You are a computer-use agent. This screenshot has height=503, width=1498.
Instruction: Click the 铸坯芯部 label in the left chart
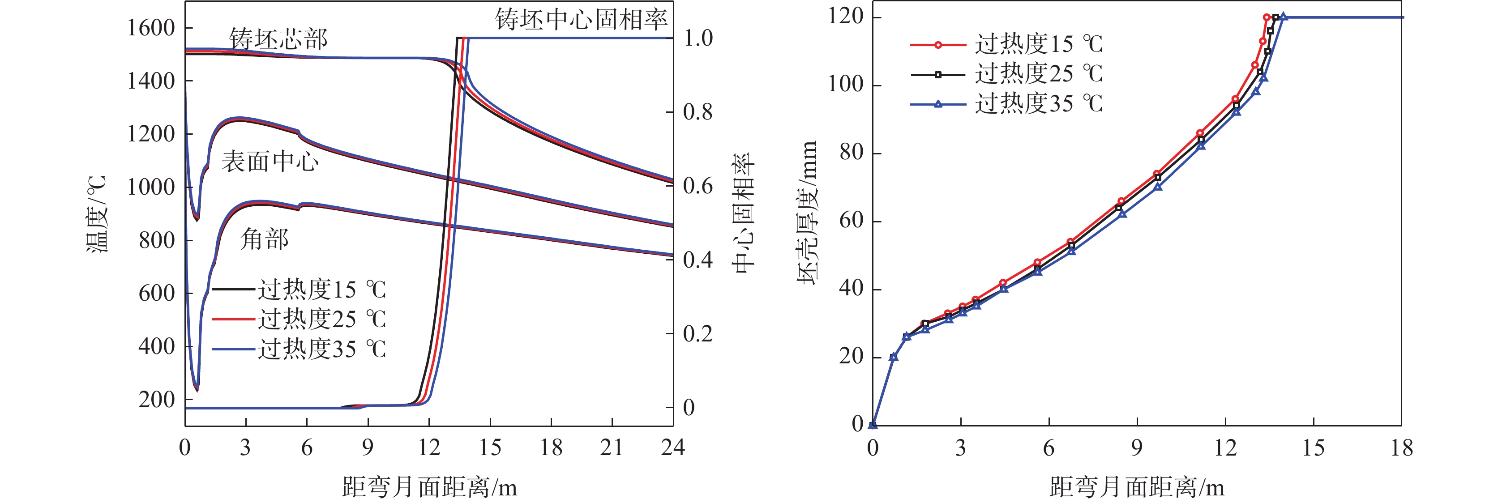click(278, 39)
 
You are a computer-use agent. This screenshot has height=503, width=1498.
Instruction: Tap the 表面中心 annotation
click(270, 162)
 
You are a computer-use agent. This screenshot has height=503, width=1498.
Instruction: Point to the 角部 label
click(264, 239)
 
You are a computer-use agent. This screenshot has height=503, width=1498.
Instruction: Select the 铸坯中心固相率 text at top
click(581, 20)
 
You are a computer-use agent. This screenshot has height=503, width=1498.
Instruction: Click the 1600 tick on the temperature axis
click(150, 28)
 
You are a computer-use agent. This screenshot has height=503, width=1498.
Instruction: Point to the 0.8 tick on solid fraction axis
click(697, 111)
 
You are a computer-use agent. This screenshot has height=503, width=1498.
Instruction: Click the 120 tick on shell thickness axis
click(846, 16)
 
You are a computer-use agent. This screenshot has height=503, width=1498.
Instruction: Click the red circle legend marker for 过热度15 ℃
click(937, 45)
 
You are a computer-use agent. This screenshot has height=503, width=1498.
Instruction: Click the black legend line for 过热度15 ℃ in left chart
click(233, 289)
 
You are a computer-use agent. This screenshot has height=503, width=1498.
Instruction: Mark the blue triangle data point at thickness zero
click(872, 425)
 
